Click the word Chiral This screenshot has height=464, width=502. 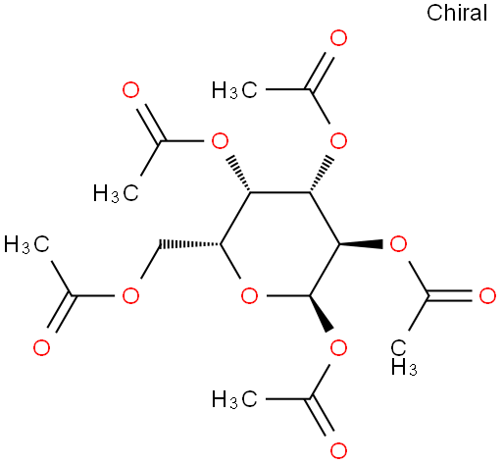pyautogui.click(x=457, y=13)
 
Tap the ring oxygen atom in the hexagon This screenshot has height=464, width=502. pyautogui.click(x=249, y=295)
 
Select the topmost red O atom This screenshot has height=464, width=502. pyautogui.click(x=338, y=38)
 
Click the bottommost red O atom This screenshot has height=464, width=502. pyautogui.click(x=338, y=450)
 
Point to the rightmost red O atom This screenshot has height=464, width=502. pyautogui.click(x=487, y=295)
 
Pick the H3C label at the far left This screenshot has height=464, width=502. pyautogui.click(x=26, y=244)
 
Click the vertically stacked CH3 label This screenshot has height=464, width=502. pyautogui.click(x=404, y=357)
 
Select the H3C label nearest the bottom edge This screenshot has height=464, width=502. pyautogui.click(x=234, y=399)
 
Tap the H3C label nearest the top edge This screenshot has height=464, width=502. pyautogui.click(x=234, y=90)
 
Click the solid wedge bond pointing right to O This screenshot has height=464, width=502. pyautogui.click(x=361, y=244)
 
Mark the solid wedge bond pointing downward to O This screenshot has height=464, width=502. pyautogui.click(x=322, y=314)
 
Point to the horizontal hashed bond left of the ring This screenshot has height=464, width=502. pyautogui.click(x=190, y=244)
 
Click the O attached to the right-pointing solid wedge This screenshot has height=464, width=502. pyautogui.click(x=398, y=244)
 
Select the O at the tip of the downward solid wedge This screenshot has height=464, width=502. pyautogui.click(x=338, y=347)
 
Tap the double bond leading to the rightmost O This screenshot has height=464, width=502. pyautogui.click(x=450, y=295)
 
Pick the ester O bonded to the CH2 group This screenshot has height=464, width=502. pyautogui.click(x=130, y=295)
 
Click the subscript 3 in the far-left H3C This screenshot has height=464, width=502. pyautogui.click(x=26, y=249)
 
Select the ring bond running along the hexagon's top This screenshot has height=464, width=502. pyautogui.click(x=279, y=192)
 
